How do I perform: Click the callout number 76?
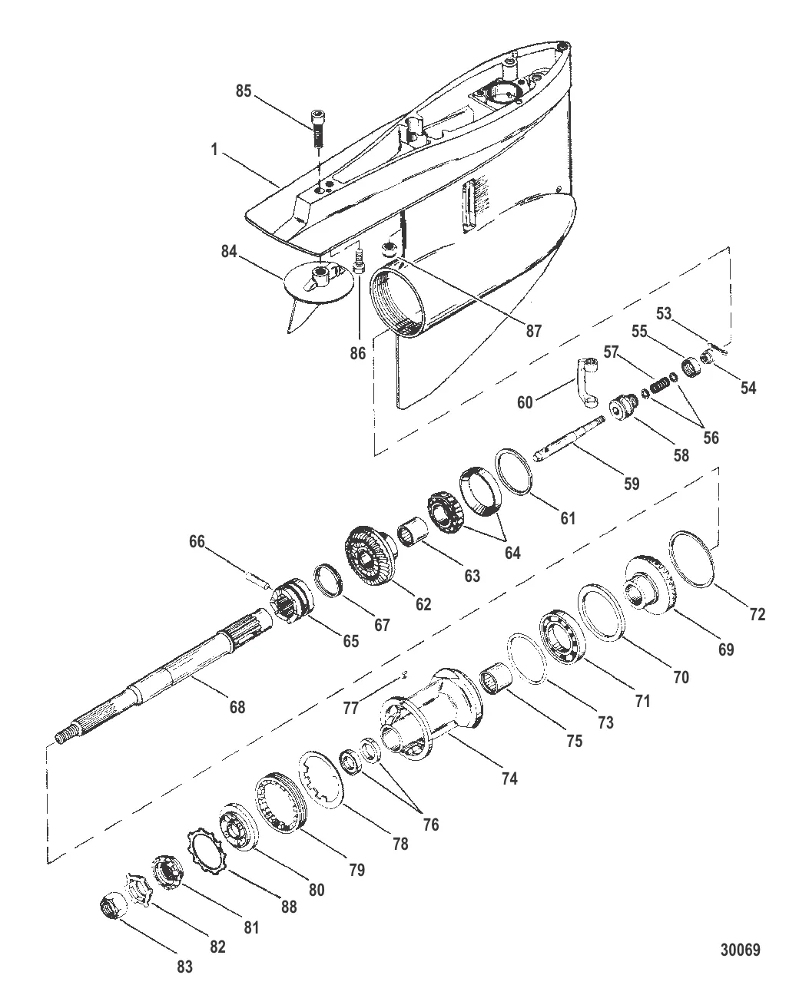tap(431, 825)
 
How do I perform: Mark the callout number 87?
tap(532, 332)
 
